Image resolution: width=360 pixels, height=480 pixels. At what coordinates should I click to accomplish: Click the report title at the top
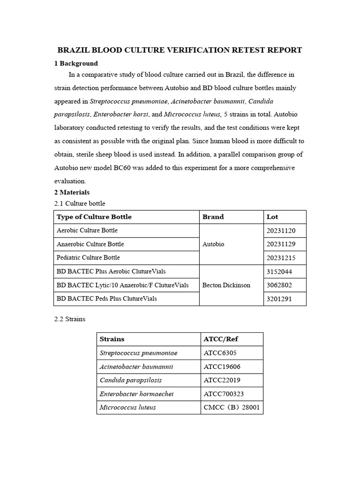[180, 50]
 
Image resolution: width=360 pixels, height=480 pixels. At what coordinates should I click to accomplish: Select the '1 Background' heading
[76, 63]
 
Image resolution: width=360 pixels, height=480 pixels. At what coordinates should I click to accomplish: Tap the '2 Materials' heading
[72, 192]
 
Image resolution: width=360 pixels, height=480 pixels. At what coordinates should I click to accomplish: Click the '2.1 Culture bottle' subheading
[80, 203]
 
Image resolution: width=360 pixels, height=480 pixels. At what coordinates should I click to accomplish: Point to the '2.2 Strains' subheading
[70, 319]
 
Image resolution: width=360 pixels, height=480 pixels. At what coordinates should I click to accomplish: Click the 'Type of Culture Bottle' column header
[94, 217]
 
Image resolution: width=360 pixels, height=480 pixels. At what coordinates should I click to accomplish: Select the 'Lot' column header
[272, 217]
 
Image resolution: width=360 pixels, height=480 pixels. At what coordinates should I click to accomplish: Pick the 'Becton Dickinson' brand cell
[226, 285]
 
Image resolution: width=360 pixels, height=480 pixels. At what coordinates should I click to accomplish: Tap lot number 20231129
[281, 244]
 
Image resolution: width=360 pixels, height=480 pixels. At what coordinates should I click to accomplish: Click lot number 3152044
[279, 271]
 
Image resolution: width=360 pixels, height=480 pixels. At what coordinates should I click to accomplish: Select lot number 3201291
[279, 299]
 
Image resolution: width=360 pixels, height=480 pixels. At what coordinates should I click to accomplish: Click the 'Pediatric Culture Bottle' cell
[88, 257]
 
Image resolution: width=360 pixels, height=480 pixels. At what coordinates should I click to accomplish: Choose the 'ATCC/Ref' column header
[221, 339]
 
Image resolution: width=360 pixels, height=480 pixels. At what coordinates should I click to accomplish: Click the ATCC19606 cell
[222, 367]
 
